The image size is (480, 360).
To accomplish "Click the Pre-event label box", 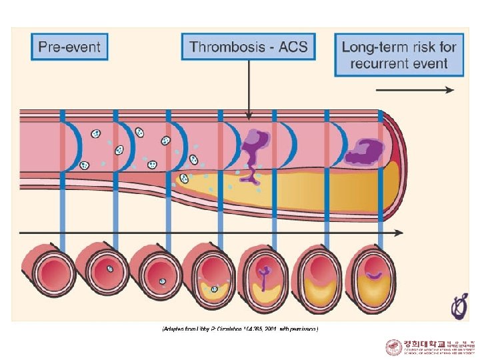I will point(69,47).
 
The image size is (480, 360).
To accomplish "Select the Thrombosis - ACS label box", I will point(249,47).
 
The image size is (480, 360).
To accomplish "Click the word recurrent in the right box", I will point(378,65).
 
